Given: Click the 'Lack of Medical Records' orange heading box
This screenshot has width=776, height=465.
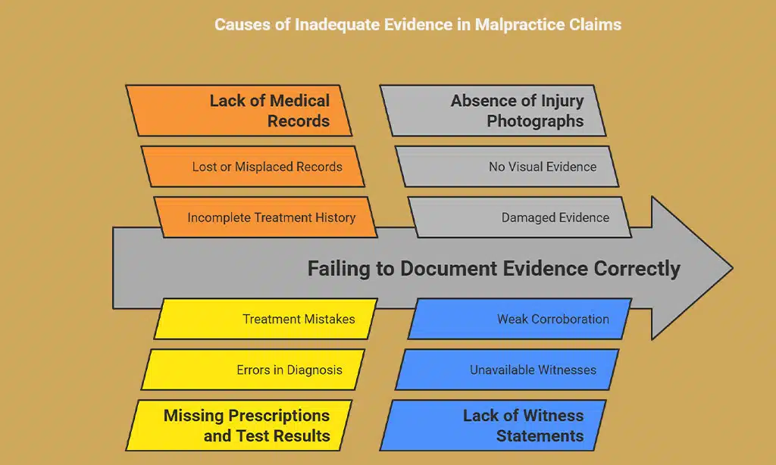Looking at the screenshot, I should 239,111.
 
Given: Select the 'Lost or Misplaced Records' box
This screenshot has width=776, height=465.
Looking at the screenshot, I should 253,167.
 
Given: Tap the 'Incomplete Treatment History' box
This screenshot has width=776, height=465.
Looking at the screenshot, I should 265,217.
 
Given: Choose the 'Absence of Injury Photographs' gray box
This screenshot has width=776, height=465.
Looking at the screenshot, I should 493,111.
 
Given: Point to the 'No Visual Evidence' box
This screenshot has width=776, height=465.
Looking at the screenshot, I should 508,167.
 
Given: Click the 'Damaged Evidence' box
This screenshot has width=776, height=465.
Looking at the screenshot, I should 520,217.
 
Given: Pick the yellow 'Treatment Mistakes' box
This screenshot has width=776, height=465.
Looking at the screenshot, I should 265,319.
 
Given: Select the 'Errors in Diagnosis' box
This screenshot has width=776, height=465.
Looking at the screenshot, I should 253,370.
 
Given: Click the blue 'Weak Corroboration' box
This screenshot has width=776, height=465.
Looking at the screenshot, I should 520,319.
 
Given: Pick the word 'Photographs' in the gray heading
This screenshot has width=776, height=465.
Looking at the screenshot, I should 535,121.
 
